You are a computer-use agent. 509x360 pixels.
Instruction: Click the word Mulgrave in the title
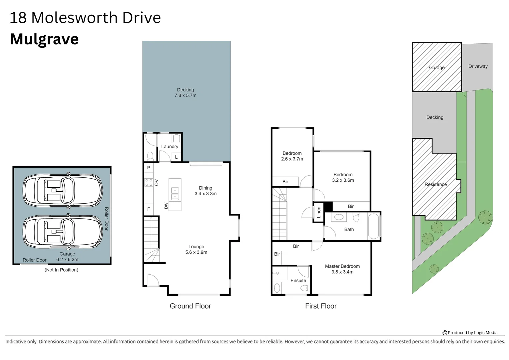pyautogui.click(x=44, y=39)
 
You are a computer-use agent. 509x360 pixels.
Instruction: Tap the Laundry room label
pyautogui.click(x=170, y=146)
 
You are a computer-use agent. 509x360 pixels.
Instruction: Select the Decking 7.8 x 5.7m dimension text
pyautogui.click(x=186, y=95)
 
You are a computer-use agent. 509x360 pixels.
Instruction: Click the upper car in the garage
pyautogui.click(x=63, y=189)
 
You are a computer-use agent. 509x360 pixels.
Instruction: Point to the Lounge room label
pyautogui.click(x=196, y=247)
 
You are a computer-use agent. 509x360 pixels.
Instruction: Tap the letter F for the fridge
pyautogui.click(x=149, y=209)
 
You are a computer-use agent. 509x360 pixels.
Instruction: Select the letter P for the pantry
pyautogui.click(x=149, y=168)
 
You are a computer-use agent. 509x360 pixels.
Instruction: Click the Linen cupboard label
pyautogui.click(x=319, y=212)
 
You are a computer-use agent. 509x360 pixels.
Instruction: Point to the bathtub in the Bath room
pyautogui.click(x=374, y=227)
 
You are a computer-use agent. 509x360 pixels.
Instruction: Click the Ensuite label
pyautogui.click(x=298, y=280)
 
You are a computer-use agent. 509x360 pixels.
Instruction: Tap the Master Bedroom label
pyautogui.click(x=342, y=266)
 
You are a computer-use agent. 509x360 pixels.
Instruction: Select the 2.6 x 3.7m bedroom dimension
pyautogui.click(x=292, y=159)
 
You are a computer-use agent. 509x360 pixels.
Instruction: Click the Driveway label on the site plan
pyautogui.click(x=478, y=66)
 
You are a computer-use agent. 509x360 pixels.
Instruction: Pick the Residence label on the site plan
pyautogui.click(x=435, y=184)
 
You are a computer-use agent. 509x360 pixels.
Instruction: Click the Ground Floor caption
pyautogui.click(x=190, y=306)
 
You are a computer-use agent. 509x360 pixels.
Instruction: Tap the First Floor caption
pyautogui.click(x=321, y=306)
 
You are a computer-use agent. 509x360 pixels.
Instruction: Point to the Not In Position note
pyautogui.click(x=61, y=270)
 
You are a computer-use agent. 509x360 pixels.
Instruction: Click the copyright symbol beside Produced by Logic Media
pyautogui.click(x=445, y=333)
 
